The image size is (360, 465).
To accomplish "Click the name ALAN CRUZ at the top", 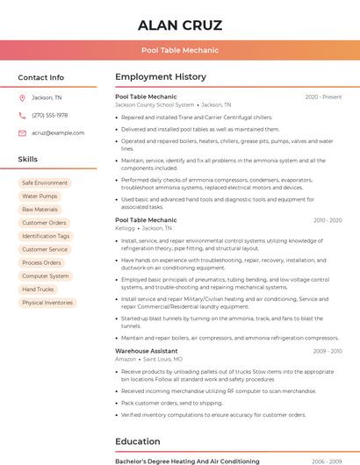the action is (x=180, y=25).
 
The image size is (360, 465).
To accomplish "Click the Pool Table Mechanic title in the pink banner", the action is (x=180, y=50).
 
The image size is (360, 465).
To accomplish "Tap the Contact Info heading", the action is (x=41, y=77).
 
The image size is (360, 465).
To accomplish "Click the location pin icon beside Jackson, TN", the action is (x=22, y=97).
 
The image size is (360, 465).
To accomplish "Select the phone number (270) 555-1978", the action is (x=50, y=115).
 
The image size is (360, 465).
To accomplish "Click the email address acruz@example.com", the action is (x=58, y=132).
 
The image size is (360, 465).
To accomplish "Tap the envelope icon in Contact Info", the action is (x=22, y=132).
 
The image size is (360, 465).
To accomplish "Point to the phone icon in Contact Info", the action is (x=22, y=115).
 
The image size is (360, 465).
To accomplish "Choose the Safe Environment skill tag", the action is (x=45, y=182).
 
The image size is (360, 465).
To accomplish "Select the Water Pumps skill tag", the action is (x=40, y=197).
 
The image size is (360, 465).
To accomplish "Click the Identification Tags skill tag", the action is (x=46, y=236).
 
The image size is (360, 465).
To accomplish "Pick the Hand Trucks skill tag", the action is (x=38, y=289).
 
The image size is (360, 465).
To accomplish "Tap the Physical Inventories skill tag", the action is (x=47, y=303).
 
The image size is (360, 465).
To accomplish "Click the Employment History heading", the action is (x=161, y=77).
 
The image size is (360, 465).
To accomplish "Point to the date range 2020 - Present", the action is (x=323, y=97).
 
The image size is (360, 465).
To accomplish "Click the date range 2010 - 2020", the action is (x=327, y=220).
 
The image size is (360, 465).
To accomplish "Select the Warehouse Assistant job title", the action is (x=147, y=351).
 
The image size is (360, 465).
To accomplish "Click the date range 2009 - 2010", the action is (x=327, y=351).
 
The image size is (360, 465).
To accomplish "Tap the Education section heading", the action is (x=138, y=441).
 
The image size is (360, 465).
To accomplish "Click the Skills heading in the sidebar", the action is (x=28, y=159).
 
